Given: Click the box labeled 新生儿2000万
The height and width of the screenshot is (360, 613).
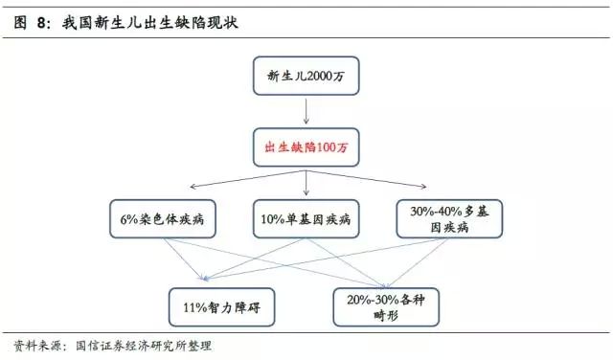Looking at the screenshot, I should point(305,76).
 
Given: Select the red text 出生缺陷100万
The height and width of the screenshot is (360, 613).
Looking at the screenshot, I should point(305,147).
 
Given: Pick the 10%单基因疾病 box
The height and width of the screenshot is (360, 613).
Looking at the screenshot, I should point(304,218).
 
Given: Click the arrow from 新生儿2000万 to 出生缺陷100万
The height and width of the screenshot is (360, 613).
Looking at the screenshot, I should point(305,112).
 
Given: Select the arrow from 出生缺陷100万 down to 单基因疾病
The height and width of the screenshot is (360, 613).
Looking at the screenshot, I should point(305,182).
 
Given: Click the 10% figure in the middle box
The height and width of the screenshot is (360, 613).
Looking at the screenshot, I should point(269,218).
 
